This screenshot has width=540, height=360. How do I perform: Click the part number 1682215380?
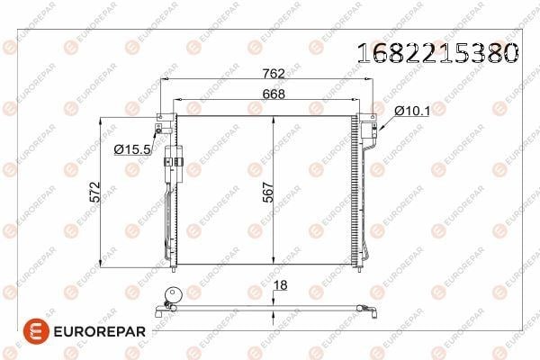[x=437, y=53]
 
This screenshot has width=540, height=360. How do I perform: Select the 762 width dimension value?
[x=274, y=74]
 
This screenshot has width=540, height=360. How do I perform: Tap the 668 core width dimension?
[x=274, y=94]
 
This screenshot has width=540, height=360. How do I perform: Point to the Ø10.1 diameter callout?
[x=412, y=111]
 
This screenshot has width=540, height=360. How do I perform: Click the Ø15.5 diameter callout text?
[x=132, y=149]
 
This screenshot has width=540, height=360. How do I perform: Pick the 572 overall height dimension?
[x=94, y=192]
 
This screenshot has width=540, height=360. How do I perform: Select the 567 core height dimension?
[x=268, y=192]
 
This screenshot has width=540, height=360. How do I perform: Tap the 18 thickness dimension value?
[x=280, y=285]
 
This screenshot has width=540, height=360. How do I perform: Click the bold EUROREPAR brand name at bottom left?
[x=100, y=332]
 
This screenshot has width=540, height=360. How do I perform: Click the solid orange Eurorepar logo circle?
[x=36, y=331]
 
